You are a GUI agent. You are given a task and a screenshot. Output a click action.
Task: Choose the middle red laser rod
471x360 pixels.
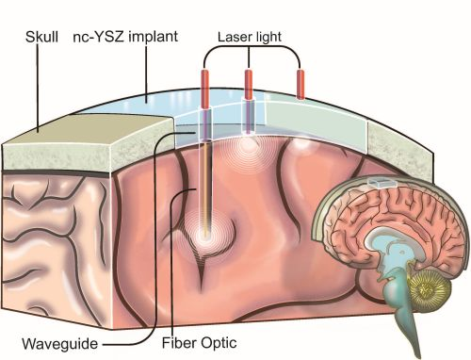pos(250,82)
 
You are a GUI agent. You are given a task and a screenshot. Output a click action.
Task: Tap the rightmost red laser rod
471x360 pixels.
pos(300,83)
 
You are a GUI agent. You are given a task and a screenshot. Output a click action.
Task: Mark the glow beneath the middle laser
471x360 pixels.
pos(250,146)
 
